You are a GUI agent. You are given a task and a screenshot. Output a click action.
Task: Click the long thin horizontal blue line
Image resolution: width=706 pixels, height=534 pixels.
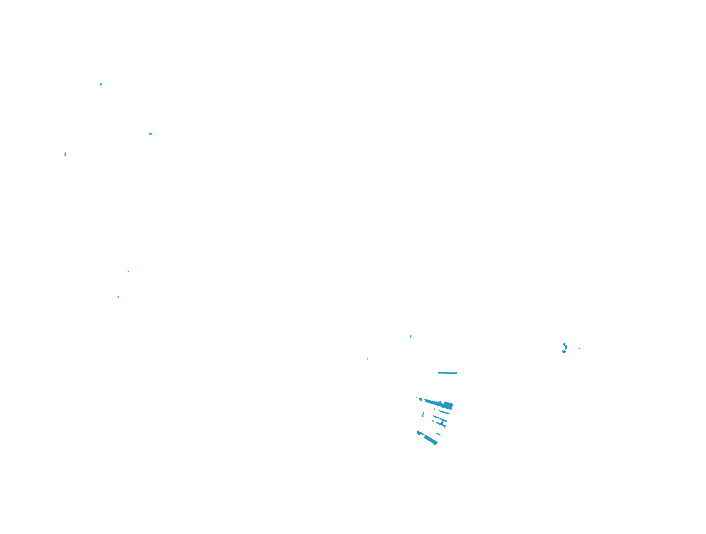tap(448, 373)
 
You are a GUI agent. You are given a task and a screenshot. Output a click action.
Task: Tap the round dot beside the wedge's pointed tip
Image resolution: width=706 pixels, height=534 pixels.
tap(420, 399)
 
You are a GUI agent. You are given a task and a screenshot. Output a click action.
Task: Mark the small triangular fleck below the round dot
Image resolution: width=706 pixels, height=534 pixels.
tap(423, 415)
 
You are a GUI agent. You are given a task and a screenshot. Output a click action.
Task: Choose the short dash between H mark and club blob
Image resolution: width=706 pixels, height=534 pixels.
tap(438, 434)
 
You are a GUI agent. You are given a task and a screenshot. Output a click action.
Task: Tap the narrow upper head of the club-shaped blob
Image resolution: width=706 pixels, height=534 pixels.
tap(419, 432)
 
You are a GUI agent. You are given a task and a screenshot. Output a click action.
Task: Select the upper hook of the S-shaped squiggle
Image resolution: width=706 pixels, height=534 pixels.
tap(565, 345)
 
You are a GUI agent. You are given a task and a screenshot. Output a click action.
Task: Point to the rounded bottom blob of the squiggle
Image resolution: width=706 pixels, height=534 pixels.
tap(564, 351)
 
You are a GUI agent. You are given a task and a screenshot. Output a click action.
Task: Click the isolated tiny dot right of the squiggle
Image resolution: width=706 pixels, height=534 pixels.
tap(580, 348)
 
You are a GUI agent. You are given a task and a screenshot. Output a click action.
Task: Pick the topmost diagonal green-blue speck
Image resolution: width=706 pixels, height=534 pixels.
tap(101, 84)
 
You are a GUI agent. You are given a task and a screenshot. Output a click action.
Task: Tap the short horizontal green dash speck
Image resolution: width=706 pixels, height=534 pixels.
tap(150, 133)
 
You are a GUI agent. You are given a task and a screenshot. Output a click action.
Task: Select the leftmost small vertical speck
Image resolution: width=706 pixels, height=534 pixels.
tap(65, 154)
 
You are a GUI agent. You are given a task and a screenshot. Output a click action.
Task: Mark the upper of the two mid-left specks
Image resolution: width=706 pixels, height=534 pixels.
tap(128, 272)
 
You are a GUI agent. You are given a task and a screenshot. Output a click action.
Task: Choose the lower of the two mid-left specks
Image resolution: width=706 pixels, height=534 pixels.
tap(118, 297)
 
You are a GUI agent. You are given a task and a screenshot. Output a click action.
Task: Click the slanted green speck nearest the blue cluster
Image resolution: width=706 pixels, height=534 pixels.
tap(411, 336)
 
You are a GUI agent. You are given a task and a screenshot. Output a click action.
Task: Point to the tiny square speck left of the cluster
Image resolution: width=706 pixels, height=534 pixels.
tap(367, 359)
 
